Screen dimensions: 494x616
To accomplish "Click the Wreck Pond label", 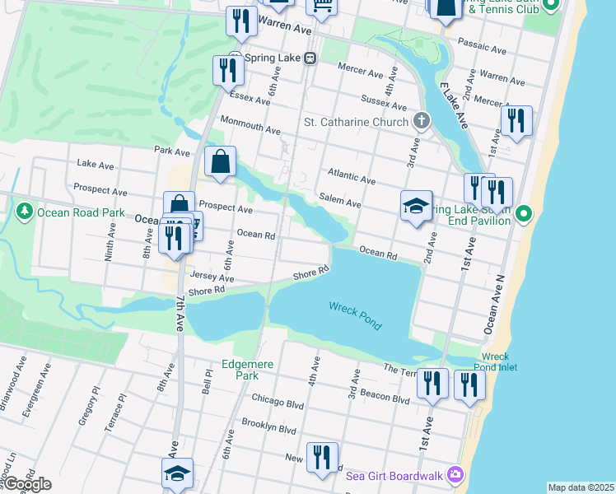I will tap(356, 315).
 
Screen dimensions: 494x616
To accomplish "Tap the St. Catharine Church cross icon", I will tap(422, 122).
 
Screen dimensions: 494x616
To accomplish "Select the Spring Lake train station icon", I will tap(310, 58).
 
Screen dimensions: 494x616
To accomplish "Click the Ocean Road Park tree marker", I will tap(25, 212).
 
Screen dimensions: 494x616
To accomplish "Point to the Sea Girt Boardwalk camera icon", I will tap(454, 474).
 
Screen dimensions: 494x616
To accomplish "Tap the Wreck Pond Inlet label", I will tap(496, 362).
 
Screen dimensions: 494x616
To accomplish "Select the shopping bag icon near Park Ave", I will tap(221, 163).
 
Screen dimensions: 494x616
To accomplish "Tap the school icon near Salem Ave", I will tap(417, 205).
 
